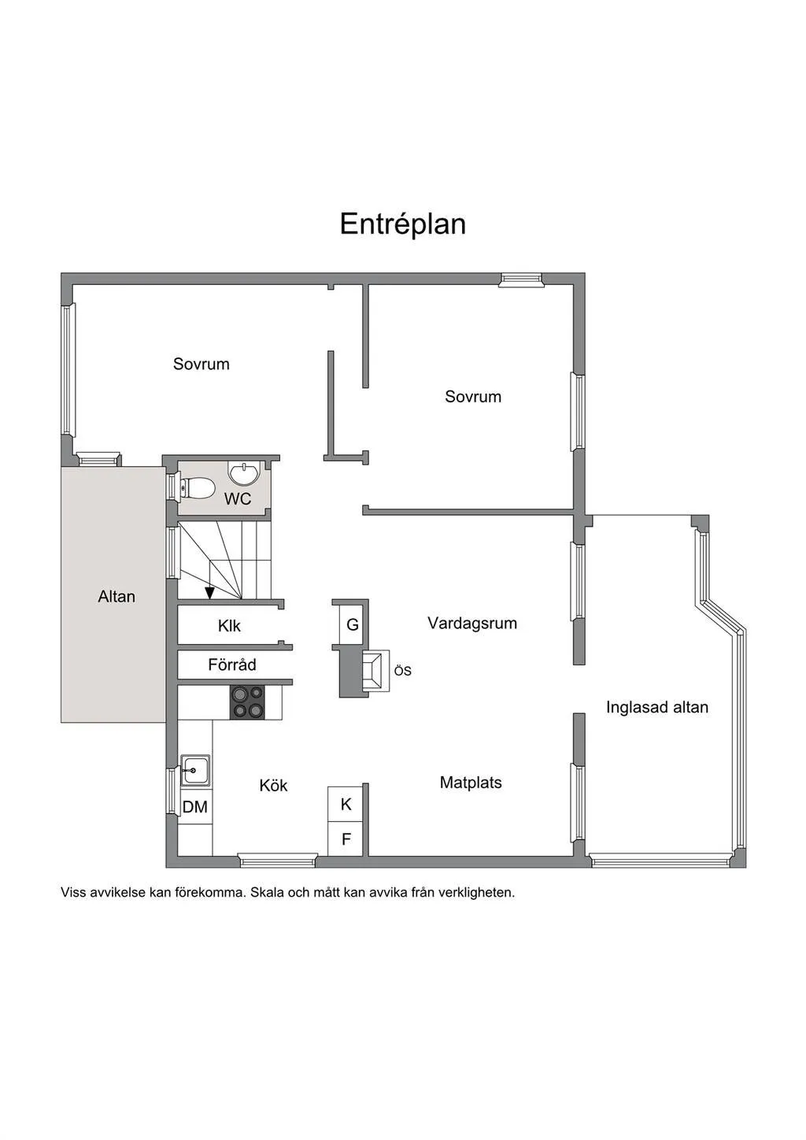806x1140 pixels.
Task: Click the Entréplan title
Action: click(402, 224)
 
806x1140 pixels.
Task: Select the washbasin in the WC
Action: click(245, 473)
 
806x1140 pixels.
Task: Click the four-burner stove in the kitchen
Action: click(247, 701)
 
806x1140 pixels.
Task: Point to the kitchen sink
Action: click(195, 771)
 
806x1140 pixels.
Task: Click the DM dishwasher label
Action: click(195, 807)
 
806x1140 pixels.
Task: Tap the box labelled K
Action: click(345, 804)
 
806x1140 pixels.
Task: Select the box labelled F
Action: click(345, 838)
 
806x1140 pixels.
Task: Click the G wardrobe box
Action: click(351, 624)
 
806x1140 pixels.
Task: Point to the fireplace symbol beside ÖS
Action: click(375, 671)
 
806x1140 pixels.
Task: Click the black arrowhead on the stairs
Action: click(209, 594)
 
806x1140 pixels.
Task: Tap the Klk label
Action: click(229, 626)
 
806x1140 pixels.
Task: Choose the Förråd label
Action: click(232, 664)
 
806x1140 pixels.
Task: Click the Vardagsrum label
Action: click(472, 623)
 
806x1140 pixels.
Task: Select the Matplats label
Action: click(471, 783)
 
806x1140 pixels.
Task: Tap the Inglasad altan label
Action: click(657, 707)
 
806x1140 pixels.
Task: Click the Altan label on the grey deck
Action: click(116, 596)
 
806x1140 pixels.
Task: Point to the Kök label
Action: click(273, 785)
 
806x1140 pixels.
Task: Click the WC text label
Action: click(238, 499)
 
